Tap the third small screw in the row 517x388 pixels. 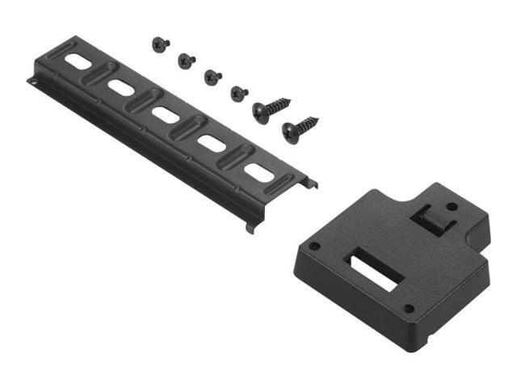[212, 77]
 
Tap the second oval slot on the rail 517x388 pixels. [120, 86]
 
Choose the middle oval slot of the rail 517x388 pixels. [166, 115]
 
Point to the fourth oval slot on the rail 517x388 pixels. [212, 144]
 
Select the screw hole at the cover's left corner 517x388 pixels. [315, 246]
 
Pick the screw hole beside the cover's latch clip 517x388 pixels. [452, 207]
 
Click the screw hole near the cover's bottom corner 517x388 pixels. [409, 308]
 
